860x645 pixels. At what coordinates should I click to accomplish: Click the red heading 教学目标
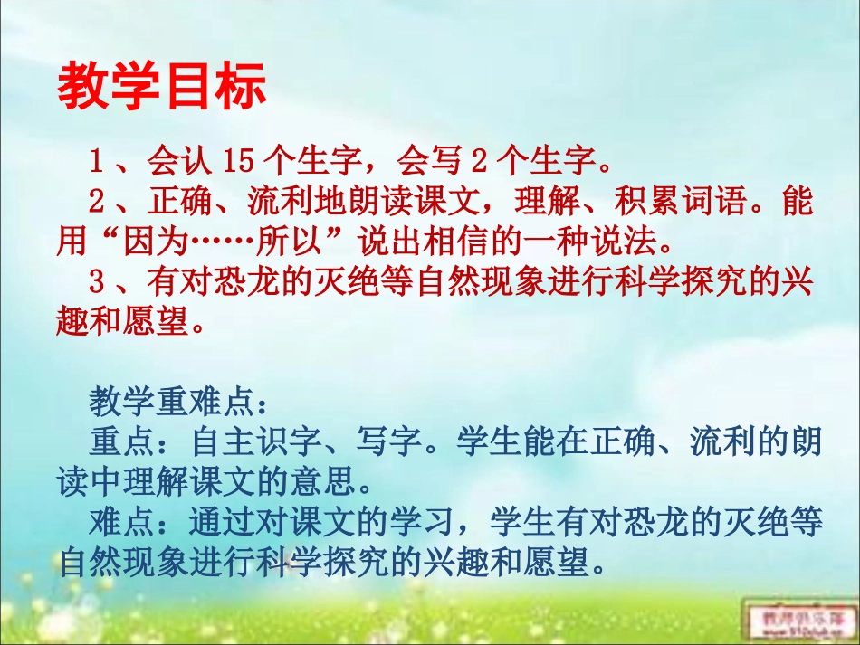click(162, 87)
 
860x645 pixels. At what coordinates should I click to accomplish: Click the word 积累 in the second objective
click(641, 202)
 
